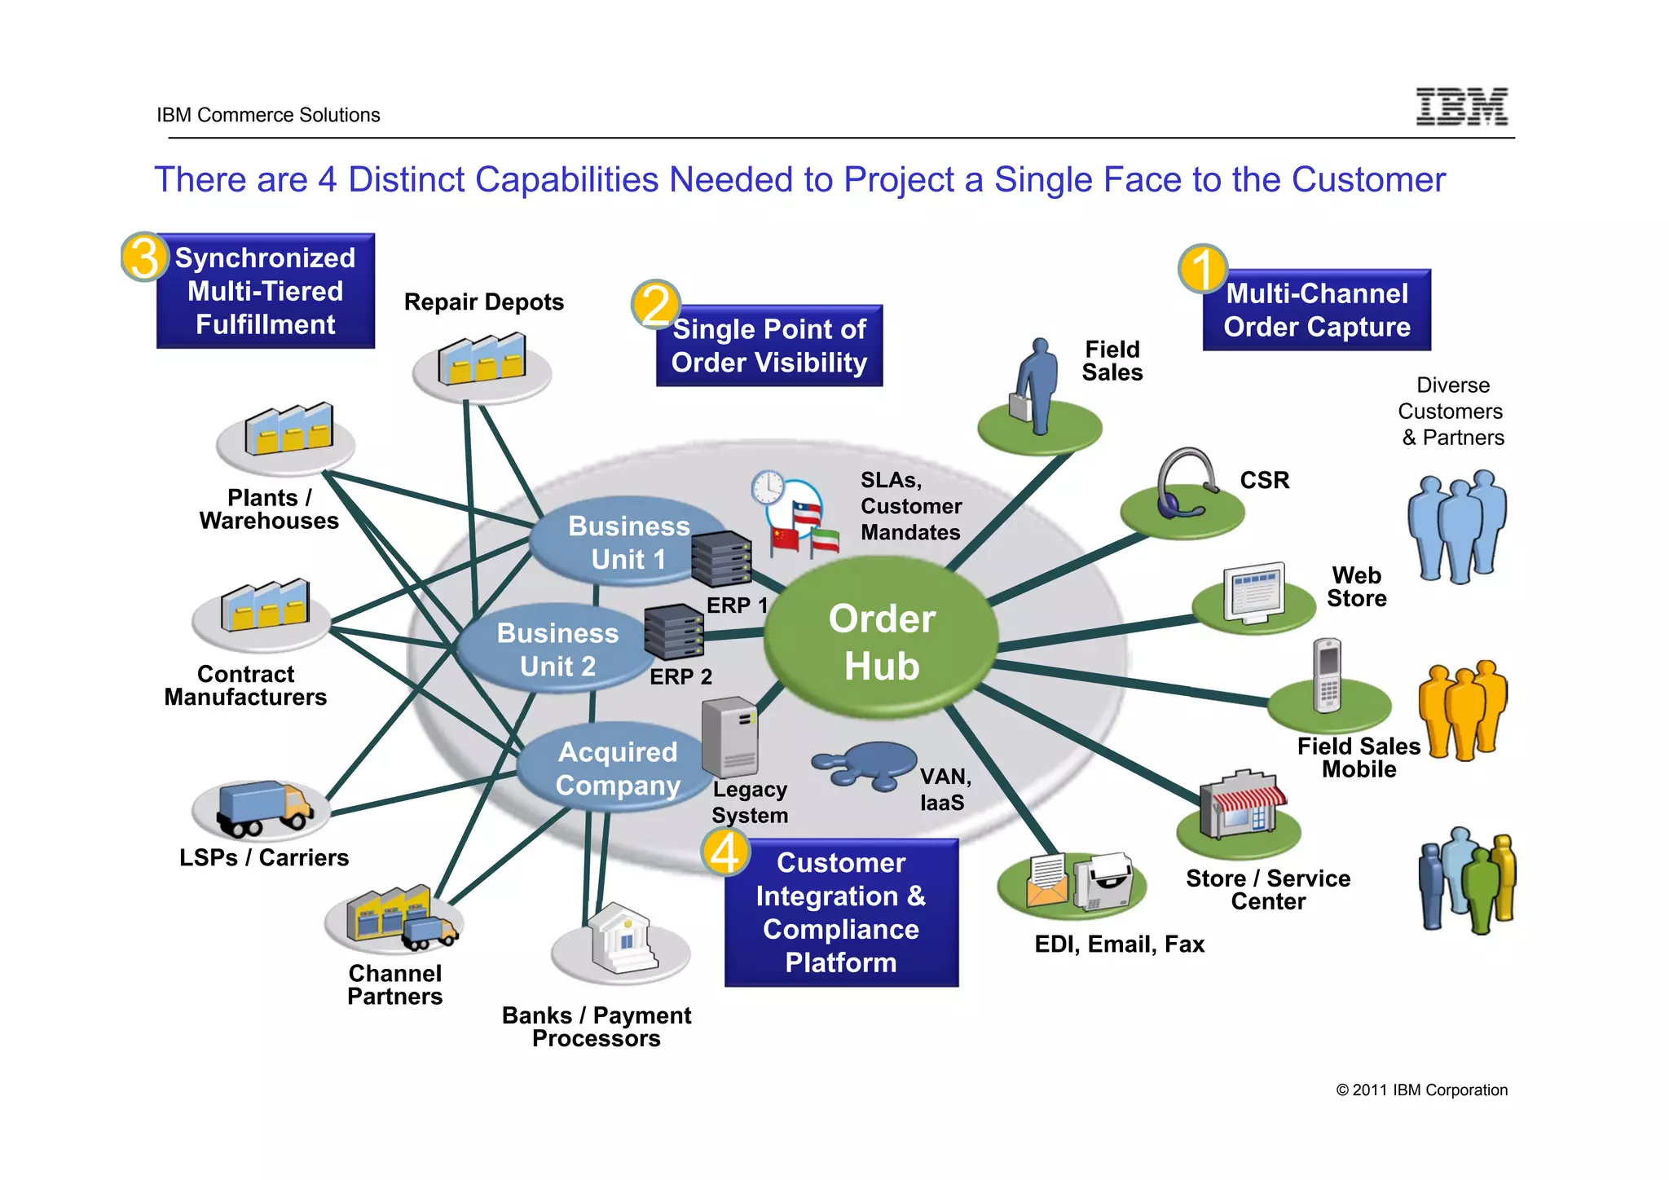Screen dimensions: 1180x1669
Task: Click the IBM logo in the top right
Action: tap(1462, 107)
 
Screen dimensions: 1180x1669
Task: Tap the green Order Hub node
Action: tap(882, 641)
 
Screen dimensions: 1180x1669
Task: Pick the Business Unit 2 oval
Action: tap(554, 649)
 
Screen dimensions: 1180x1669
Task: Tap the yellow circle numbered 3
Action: tap(144, 257)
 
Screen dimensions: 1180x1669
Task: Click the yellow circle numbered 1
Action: tap(1203, 269)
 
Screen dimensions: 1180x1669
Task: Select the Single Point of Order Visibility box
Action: tap(769, 346)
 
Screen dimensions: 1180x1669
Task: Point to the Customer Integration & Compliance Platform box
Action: tap(841, 913)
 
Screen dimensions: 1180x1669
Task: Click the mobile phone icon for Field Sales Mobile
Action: tap(1328, 676)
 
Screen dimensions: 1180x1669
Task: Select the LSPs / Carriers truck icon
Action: tap(262, 808)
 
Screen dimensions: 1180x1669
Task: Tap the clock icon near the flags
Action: tap(767, 488)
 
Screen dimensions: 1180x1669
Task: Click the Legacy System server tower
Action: tap(730, 737)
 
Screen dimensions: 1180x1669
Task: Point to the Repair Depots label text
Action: tap(483, 302)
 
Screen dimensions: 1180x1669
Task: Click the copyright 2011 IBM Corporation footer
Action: tap(1421, 1090)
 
